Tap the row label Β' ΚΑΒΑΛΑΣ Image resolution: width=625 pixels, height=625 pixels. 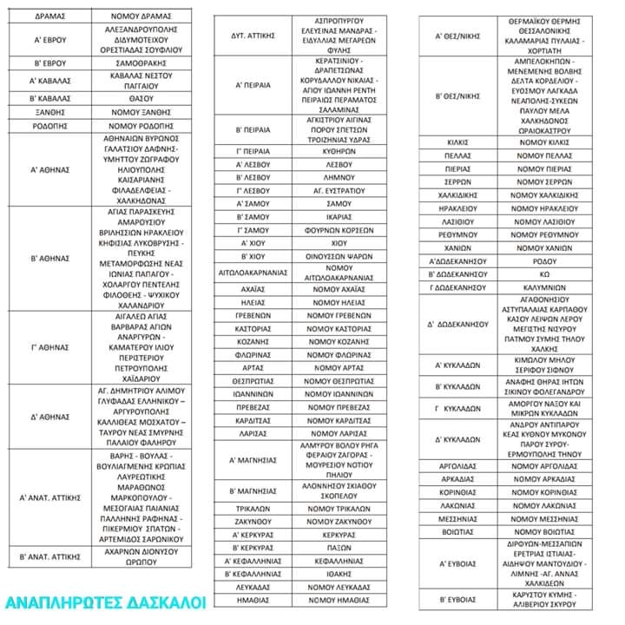(50, 98)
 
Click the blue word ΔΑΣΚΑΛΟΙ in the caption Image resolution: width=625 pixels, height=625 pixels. (164, 602)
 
